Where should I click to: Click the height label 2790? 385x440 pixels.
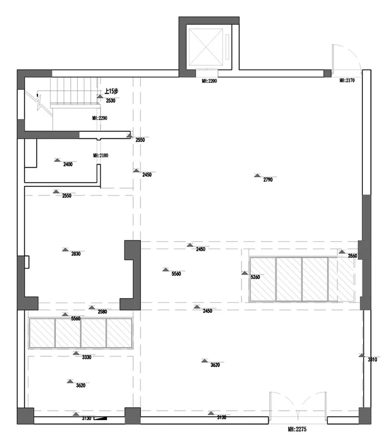pos(268,180)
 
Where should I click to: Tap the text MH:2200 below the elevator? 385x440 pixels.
pos(209,81)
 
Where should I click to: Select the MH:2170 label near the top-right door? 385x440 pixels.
pos(347,81)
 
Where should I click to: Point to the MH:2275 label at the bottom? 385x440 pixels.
pos(297,429)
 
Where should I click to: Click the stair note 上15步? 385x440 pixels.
pos(111,91)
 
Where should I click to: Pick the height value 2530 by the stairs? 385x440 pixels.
pos(110,101)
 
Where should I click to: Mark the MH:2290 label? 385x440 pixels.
pos(100,118)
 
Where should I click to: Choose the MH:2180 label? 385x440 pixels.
pos(101,155)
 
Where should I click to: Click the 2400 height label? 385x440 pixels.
pos(68,164)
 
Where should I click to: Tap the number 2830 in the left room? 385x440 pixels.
pos(76,254)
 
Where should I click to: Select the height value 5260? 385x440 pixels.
pos(255,277)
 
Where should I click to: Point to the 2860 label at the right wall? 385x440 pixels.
pos(352,256)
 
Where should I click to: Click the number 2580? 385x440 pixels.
pos(102,311)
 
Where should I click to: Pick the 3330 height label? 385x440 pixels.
pos(87,357)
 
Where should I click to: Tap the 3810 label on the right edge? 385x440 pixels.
pos(372,359)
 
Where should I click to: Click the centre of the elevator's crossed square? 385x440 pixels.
pos(206,47)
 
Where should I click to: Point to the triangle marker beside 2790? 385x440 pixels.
pos(257,175)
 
